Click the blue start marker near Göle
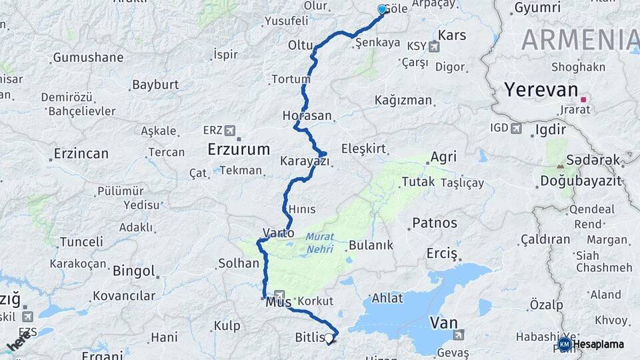tap(382, 9)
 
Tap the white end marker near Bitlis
tap(328, 339)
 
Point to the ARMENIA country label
tap(580, 40)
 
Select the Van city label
tap(444, 323)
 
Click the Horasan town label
tap(307, 115)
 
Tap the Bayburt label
tap(155, 85)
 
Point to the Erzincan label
tap(81, 154)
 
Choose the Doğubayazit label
tap(580, 181)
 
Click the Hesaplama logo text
tap(599, 344)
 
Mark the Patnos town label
tap(435, 223)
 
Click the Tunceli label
tap(81, 241)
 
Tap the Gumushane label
tap(88, 57)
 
